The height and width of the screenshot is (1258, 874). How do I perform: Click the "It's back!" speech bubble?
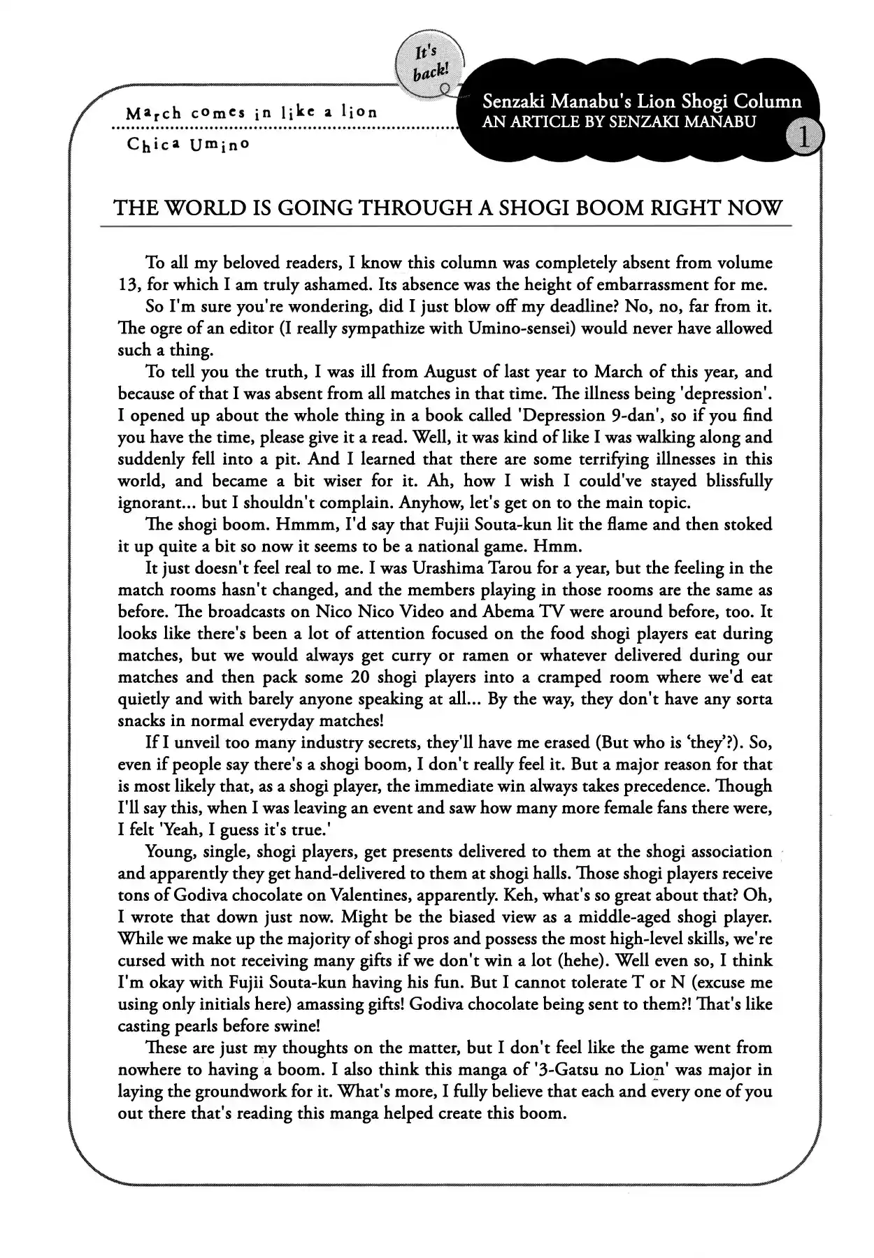point(426,64)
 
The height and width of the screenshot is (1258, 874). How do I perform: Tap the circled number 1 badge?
point(803,138)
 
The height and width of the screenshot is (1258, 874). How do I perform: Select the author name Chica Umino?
point(188,145)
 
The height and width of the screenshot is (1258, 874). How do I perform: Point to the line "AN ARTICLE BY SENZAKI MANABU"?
point(619,122)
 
